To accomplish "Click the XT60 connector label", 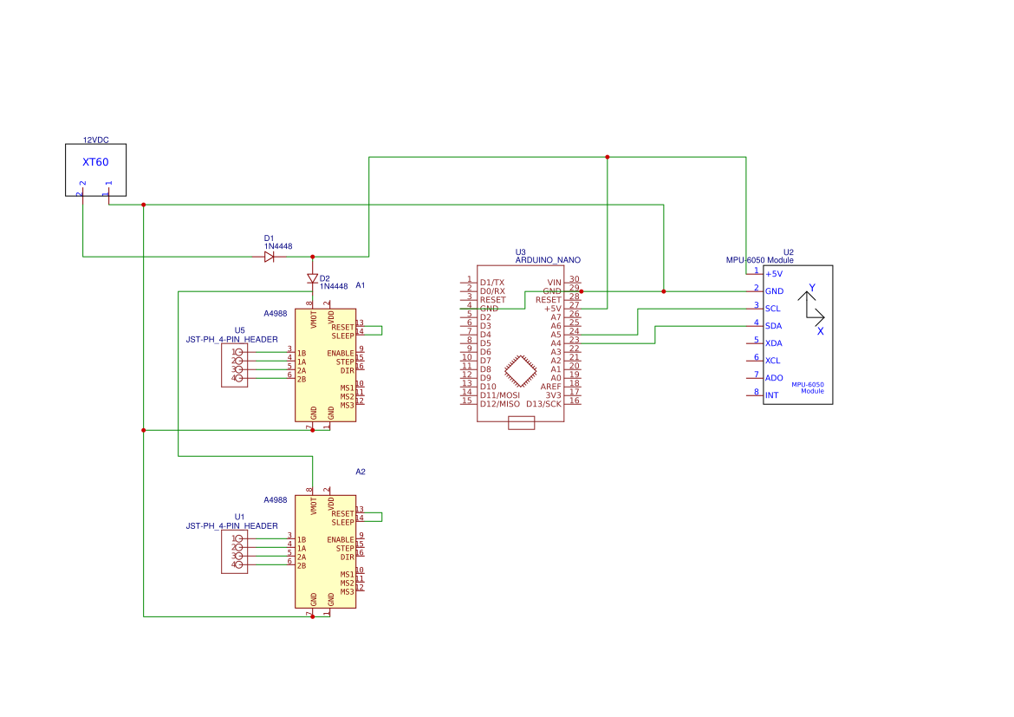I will tap(95, 162).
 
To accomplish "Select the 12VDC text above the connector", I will tap(95, 140).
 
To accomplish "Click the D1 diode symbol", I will tap(269, 257).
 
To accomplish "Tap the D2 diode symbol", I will tap(312, 278).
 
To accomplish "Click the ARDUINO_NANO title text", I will tap(548, 260).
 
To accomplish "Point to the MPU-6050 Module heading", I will tap(759, 260).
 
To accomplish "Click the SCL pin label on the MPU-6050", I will tap(773, 309).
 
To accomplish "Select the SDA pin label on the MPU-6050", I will tap(774, 326).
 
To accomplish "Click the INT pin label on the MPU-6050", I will tap(771, 395).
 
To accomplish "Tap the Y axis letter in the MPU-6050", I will tap(812, 287).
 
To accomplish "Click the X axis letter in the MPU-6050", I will tap(820, 331).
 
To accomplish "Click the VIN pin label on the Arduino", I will tap(554, 283).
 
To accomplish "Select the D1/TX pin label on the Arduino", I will tap(492, 283).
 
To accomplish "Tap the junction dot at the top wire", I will tap(608, 157).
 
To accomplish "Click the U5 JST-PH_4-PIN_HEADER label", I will tap(232, 340).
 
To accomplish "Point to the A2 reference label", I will tap(361, 472).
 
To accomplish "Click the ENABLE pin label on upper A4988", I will tap(341, 354).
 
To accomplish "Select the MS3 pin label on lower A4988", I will tap(347, 592).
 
